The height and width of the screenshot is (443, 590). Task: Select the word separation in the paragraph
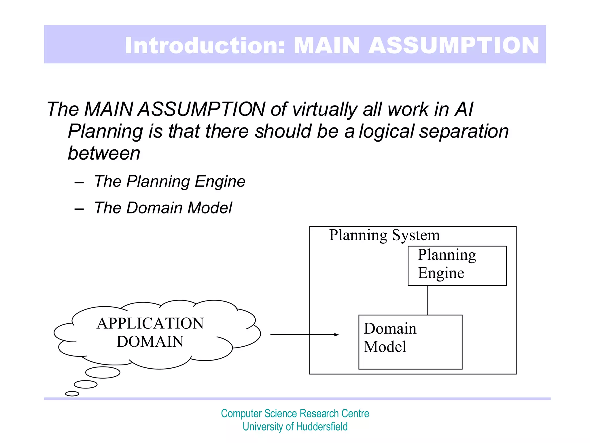coord(464,131)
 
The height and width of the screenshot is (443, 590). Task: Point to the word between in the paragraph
coord(104,153)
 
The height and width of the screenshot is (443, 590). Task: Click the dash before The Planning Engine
coord(79,183)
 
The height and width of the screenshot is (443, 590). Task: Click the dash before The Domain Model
coord(79,209)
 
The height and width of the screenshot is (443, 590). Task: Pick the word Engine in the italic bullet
coord(220,181)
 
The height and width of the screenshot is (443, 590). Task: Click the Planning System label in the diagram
coord(384,235)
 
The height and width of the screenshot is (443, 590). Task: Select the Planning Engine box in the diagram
coord(457,266)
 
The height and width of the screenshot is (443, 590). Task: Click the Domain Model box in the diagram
coord(410,342)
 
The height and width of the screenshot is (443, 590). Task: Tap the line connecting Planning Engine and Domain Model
coord(428,300)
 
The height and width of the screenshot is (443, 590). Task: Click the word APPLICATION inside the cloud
coord(150,323)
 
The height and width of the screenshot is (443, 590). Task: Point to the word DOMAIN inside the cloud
coord(150,342)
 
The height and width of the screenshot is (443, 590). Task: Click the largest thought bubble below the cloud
coord(103,372)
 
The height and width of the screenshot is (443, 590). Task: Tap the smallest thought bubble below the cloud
coord(72,394)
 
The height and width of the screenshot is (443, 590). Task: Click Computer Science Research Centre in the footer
coord(295,414)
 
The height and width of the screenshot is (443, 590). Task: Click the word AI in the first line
coord(464,109)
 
